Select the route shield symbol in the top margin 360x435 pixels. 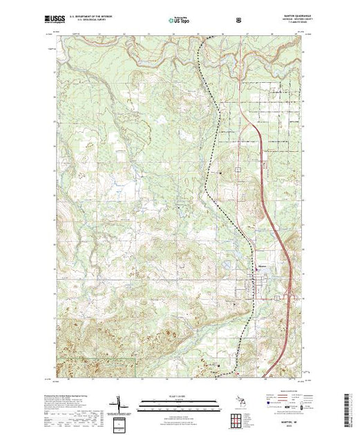click(239, 21)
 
